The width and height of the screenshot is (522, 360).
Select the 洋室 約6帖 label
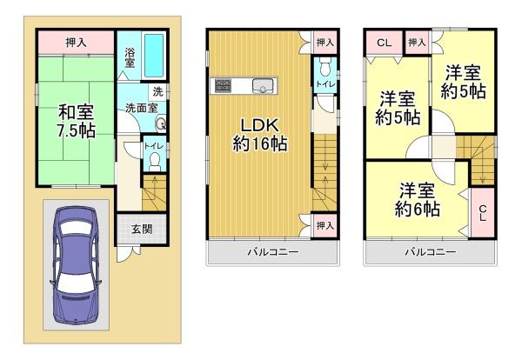pos(419,200)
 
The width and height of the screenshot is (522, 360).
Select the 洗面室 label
pos(140,108)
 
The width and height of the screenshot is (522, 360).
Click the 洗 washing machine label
pos(157,91)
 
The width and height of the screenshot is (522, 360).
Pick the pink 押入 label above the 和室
pos(76,42)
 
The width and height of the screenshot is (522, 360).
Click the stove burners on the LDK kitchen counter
pos(222,85)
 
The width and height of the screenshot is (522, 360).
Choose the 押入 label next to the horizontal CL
pos(416,41)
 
